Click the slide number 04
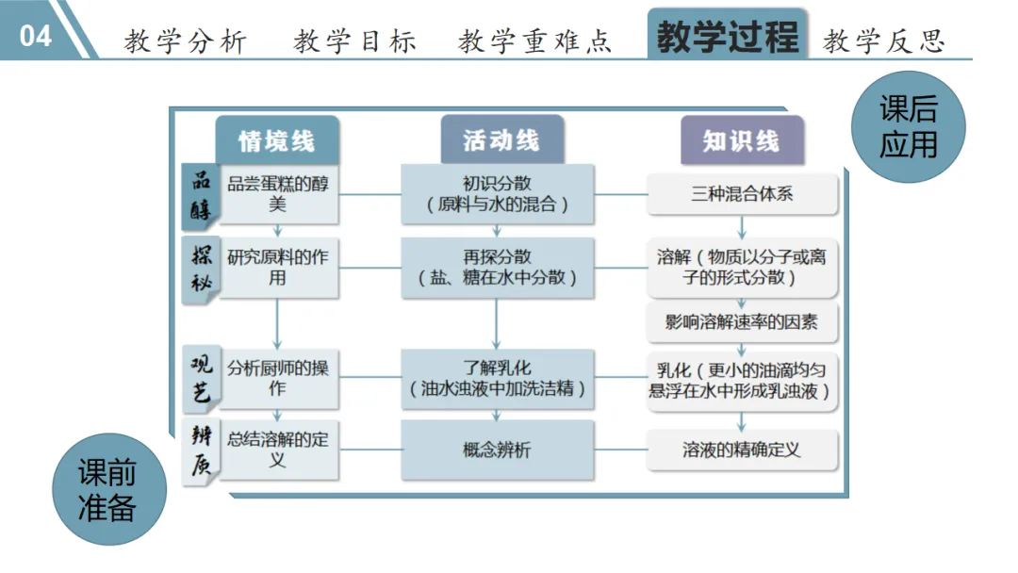[x=36, y=36]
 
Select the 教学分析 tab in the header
[x=185, y=41]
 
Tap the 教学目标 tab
[x=354, y=41]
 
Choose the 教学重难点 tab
[x=534, y=41]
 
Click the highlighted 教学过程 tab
[x=727, y=38]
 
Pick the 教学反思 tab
[x=883, y=41]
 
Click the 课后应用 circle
[x=909, y=126]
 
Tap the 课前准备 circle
[x=107, y=490]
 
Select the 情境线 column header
[x=276, y=141]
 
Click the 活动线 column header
[x=501, y=140]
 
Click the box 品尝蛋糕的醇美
[x=277, y=194]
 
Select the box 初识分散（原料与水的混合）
[x=498, y=193]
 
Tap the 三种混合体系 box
[x=742, y=195]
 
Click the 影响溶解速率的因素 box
[x=742, y=322]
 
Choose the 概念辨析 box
[x=498, y=450]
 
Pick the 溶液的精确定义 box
[x=742, y=450]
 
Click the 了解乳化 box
[x=498, y=378]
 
